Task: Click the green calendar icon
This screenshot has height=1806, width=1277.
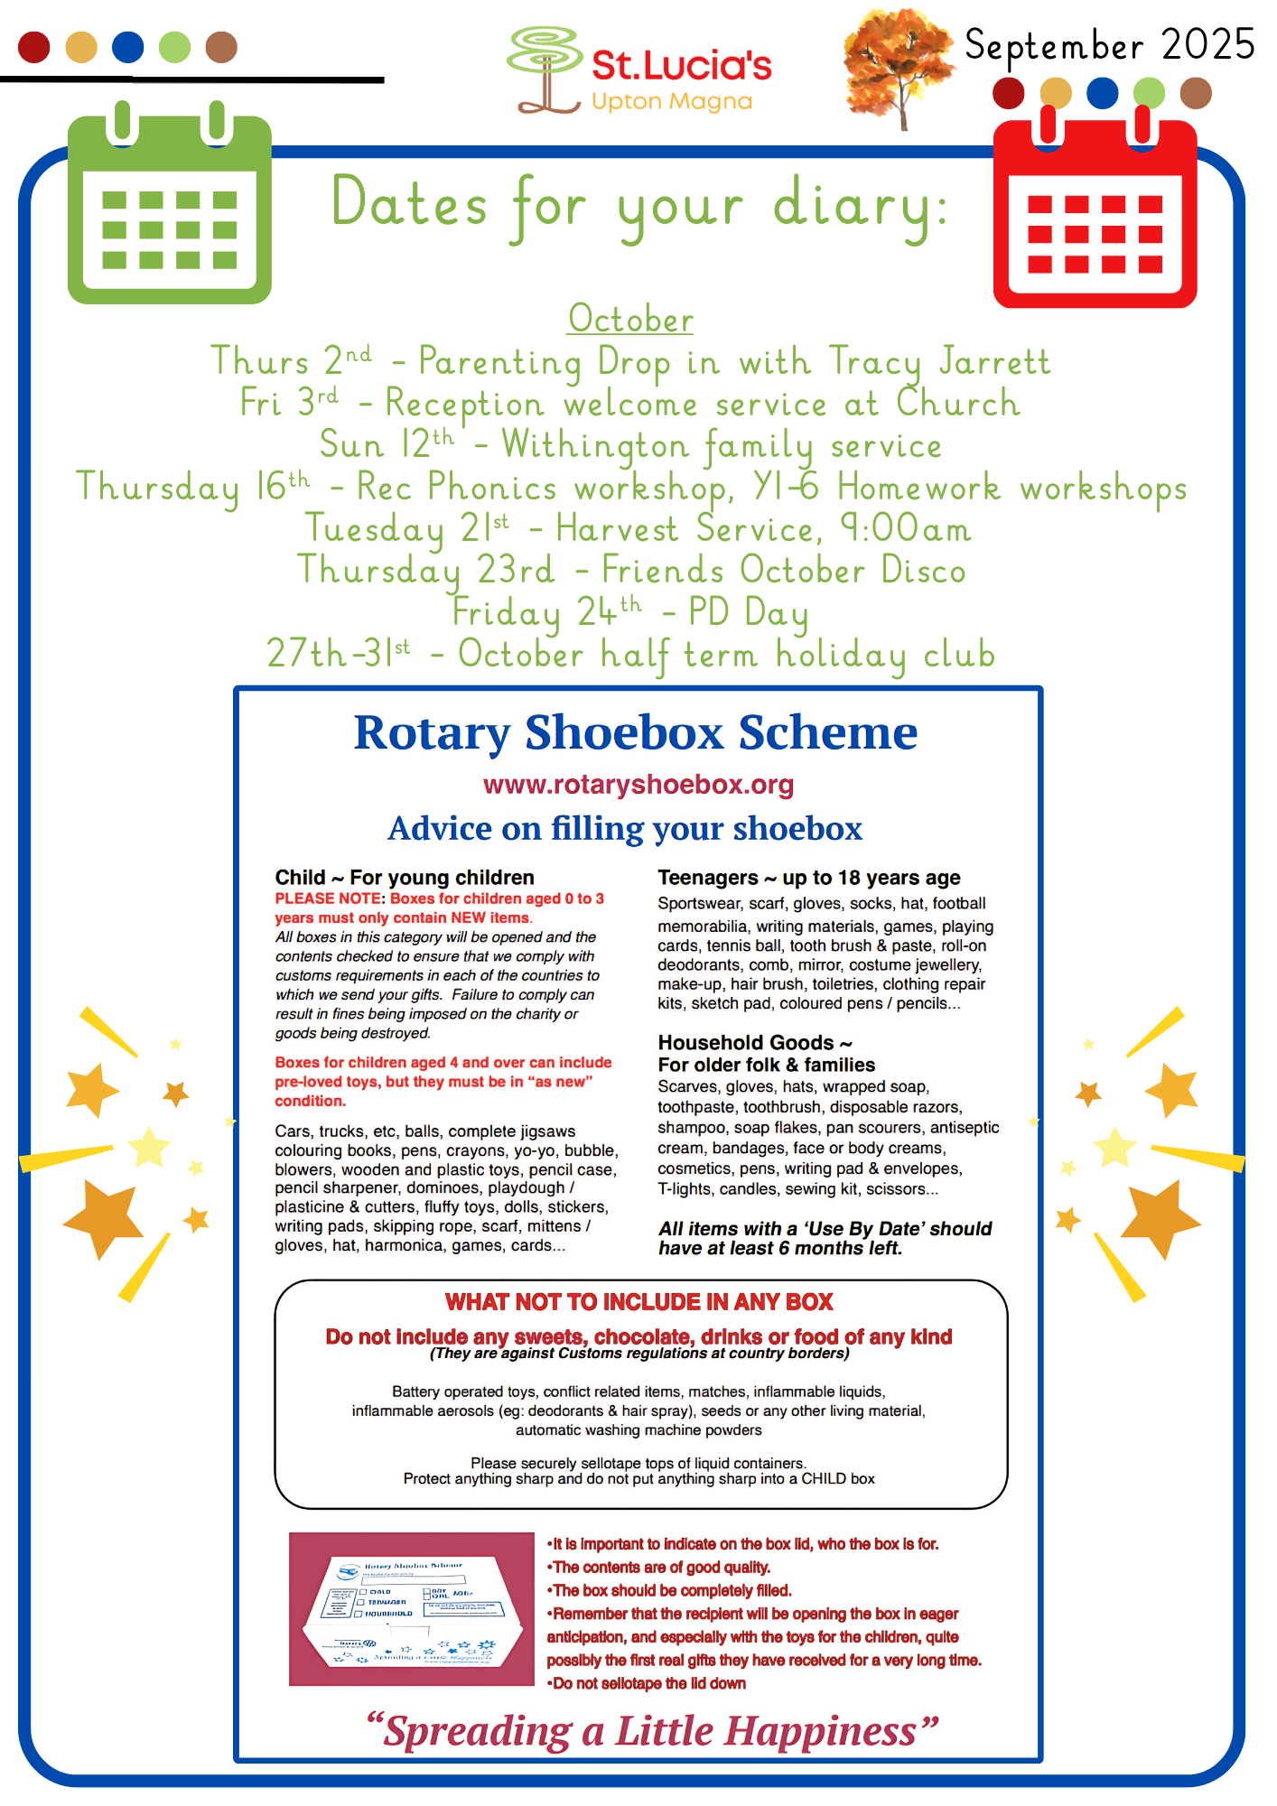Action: [170, 209]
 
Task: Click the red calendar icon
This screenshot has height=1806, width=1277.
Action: [1095, 214]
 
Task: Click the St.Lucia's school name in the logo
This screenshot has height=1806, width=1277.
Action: [682, 65]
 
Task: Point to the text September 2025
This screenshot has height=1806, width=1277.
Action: [1109, 45]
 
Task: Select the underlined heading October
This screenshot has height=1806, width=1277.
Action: [630, 320]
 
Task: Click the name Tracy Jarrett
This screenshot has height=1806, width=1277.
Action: [939, 361]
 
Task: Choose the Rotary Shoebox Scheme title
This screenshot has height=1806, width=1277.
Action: [636, 732]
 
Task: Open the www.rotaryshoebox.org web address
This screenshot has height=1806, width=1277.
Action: [638, 785]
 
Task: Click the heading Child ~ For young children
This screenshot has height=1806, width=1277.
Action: [405, 878]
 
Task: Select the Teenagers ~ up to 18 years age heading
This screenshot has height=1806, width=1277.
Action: [808, 878]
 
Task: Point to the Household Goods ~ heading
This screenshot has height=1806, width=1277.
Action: [755, 1043]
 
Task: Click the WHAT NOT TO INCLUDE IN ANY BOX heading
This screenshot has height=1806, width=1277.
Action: [638, 1302]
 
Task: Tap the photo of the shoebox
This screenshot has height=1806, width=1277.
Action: [412, 1608]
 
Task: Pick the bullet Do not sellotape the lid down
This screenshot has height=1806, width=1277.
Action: [648, 1683]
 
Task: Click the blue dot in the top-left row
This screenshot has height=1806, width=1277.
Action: [128, 47]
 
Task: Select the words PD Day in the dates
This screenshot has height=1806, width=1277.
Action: [748, 612]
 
